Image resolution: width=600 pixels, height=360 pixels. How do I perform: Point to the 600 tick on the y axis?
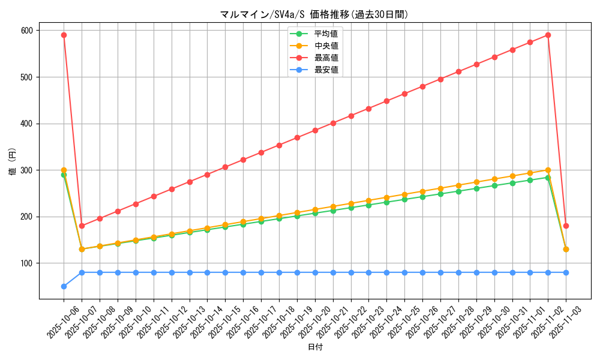pyautogui.click(x=27, y=31)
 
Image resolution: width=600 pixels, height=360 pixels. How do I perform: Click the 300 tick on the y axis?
pyautogui.click(x=27, y=170)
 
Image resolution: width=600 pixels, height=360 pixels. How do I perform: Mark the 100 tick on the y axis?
pyautogui.click(x=27, y=263)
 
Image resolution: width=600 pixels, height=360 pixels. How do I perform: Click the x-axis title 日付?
pyautogui.click(x=315, y=347)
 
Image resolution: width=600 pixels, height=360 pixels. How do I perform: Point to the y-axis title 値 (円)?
pyautogui.click(x=12, y=162)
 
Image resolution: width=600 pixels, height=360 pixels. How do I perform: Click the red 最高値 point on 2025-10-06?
pyautogui.click(x=64, y=35)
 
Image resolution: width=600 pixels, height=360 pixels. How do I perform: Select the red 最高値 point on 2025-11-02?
pyautogui.click(x=548, y=35)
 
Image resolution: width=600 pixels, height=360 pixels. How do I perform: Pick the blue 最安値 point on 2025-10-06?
pyautogui.click(x=64, y=286)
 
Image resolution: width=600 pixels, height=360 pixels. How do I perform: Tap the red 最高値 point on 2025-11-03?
pyautogui.click(x=566, y=226)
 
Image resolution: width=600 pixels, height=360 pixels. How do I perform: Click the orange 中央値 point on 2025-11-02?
pyautogui.click(x=548, y=170)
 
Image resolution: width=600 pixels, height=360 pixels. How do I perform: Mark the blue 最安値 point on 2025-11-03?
pyautogui.click(x=566, y=272)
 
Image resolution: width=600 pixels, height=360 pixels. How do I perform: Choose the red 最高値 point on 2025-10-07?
pyautogui.click(x=82, y=226)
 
